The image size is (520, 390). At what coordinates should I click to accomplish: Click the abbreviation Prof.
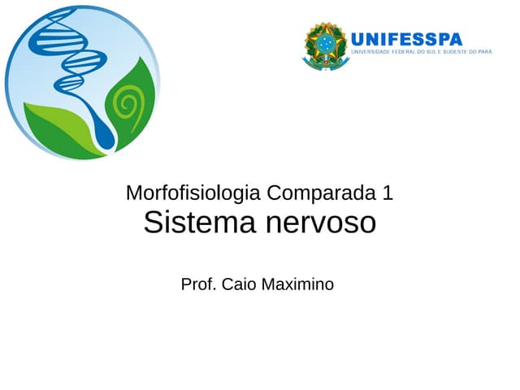pos(197,284)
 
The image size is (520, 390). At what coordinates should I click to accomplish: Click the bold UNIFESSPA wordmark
pos(407,38)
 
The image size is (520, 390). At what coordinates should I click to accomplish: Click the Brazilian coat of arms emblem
pos(325,45)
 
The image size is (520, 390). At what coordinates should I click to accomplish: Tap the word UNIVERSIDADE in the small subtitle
pos(372,52)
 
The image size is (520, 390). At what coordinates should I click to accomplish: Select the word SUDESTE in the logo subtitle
pos(461,52)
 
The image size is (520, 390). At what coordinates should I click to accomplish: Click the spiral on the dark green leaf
pos(127,103)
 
